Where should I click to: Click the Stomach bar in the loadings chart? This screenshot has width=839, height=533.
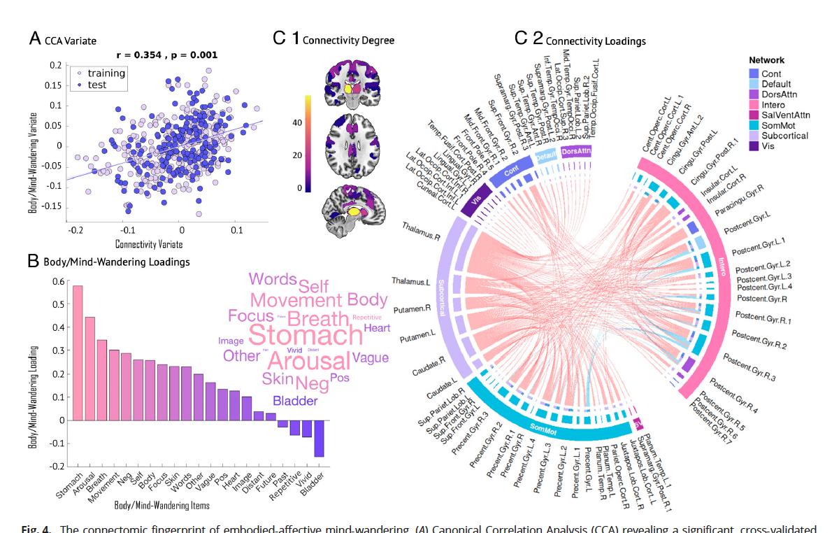pos(78,353)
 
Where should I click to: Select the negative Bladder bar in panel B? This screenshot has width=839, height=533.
pos(320,439)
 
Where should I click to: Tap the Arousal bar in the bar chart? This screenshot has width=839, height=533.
pos(89,369)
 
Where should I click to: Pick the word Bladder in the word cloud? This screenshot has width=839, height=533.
pos(295,401)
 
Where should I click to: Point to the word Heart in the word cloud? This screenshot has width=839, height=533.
pos(377,328)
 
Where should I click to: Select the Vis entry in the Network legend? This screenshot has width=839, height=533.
pos(767,146)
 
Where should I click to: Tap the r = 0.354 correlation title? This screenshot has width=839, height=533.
pos(166,55)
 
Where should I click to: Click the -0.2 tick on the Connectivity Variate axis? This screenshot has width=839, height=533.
pos(72,229)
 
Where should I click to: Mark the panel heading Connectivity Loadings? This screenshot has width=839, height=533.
pos(595,41)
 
